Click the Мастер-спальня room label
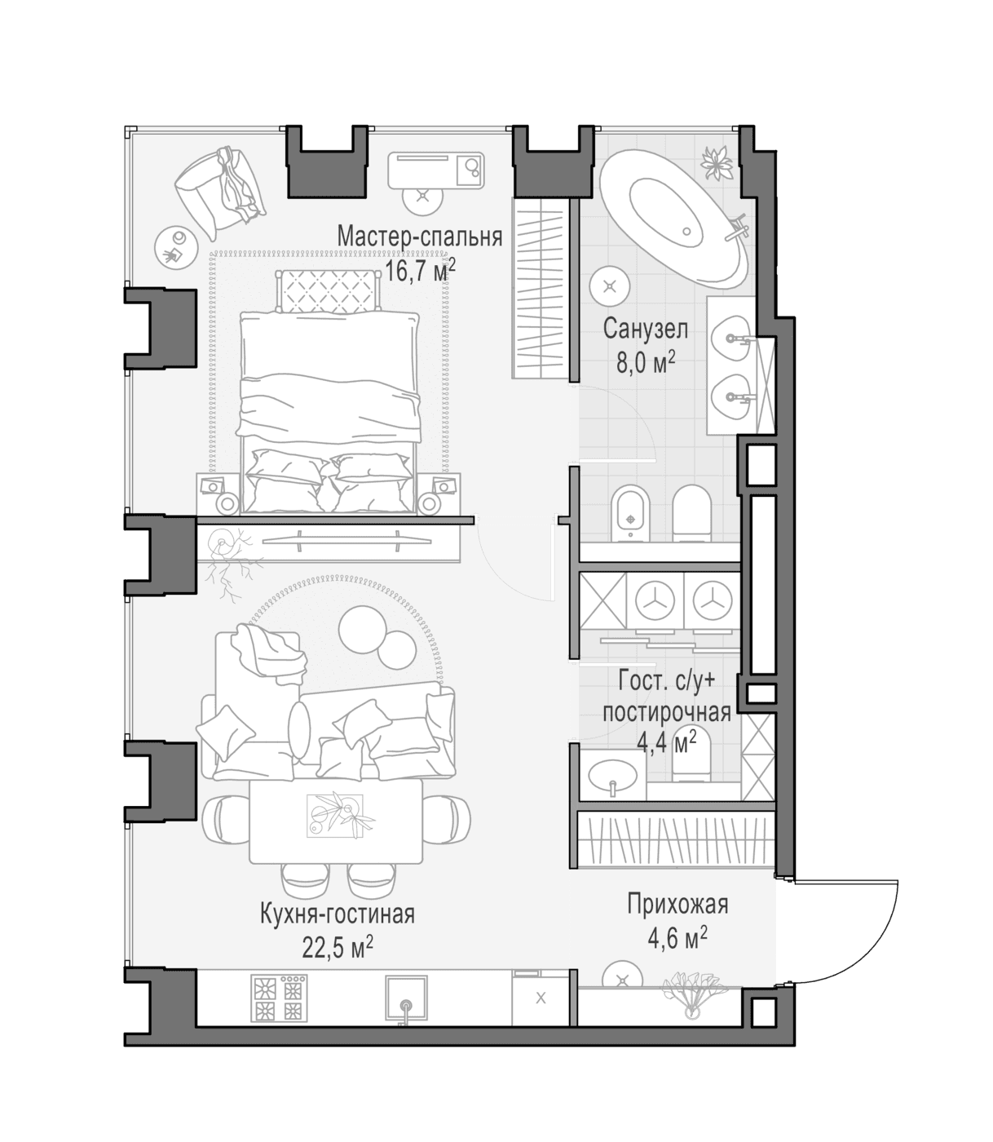coord(420,237)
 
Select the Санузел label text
coord(645,330)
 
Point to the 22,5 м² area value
coord(338,947)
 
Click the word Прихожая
coord(677,905)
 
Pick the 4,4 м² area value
coord(666,743)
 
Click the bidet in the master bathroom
coord(630,512)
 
